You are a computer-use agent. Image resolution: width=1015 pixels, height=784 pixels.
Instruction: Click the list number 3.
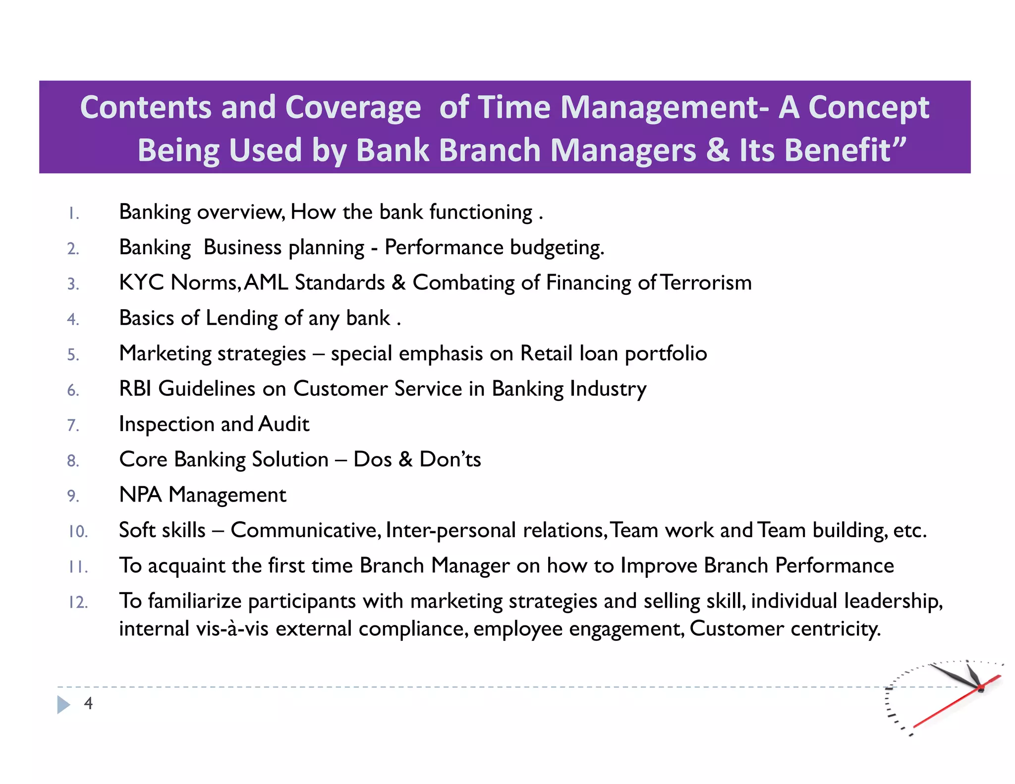coord(73,284)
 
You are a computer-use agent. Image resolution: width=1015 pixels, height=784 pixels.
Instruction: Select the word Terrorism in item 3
coord(706,282)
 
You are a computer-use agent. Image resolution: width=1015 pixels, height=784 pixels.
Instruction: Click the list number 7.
coord(73,425)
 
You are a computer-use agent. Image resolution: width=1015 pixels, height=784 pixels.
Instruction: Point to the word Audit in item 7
coord(283,424)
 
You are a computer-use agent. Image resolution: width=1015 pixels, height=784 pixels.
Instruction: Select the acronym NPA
coord(140,495)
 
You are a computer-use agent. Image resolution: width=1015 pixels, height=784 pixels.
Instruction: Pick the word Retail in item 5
coord(546,353)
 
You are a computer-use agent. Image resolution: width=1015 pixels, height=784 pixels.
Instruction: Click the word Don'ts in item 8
coord(450,459)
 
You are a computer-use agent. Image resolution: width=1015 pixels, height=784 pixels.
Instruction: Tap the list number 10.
coord(78,532)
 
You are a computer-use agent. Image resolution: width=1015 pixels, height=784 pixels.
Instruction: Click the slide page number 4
coord(88,703)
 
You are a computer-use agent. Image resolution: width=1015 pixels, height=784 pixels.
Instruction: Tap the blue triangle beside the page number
coord(63,704)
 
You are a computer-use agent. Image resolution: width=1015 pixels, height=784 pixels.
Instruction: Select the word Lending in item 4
coord(241,318)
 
